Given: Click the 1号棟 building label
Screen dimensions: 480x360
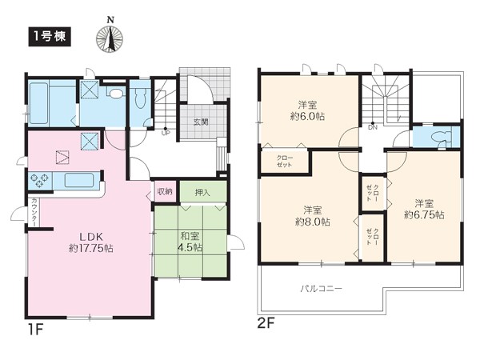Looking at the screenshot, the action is point(50,37).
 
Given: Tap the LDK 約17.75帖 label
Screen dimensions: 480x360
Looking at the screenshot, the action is point(91,242).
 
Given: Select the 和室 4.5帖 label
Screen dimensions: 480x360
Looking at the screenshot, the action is point(190,242).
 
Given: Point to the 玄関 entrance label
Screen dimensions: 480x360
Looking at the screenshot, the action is point(201,122).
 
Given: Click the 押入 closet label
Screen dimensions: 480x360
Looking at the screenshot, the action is point(202,193).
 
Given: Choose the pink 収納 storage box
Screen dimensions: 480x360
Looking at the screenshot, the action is point(166,192).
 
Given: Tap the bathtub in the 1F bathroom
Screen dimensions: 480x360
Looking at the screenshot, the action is point(38,103).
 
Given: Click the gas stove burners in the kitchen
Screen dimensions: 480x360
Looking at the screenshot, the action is point(39,180).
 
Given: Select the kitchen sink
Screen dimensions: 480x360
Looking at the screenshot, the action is point(79,180).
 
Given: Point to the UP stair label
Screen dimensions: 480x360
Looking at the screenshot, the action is point(166,133).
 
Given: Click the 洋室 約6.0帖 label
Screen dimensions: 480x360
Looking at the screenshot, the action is point(308,111).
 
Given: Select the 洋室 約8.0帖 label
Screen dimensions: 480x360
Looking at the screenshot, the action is point(313,216).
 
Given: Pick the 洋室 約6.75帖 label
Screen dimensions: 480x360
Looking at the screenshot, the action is point(424,209).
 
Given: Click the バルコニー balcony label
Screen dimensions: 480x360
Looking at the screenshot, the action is point(321,288).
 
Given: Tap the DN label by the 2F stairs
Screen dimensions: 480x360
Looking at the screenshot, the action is point(373,127).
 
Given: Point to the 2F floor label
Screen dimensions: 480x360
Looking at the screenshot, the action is point(266,323).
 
